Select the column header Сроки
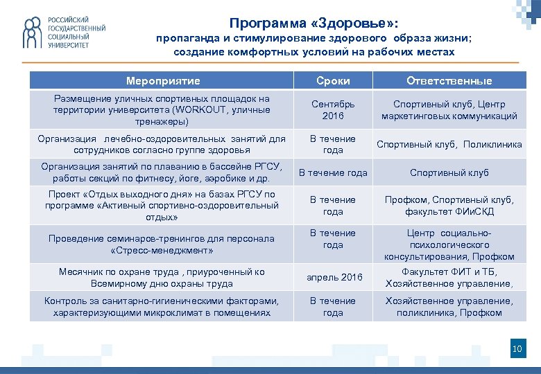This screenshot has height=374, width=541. (333, 81)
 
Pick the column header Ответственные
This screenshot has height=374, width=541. (449, 81)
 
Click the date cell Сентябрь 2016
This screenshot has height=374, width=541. (333, 109)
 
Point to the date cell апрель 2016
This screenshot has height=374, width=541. (333, 277)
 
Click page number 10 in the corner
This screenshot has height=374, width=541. (516, 349)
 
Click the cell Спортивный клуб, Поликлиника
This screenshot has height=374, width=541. (449, 144)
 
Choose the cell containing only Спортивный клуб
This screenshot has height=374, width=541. (449, 172)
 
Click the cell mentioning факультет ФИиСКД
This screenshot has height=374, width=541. (449, 206)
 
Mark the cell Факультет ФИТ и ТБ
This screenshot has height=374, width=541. (449, 271)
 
